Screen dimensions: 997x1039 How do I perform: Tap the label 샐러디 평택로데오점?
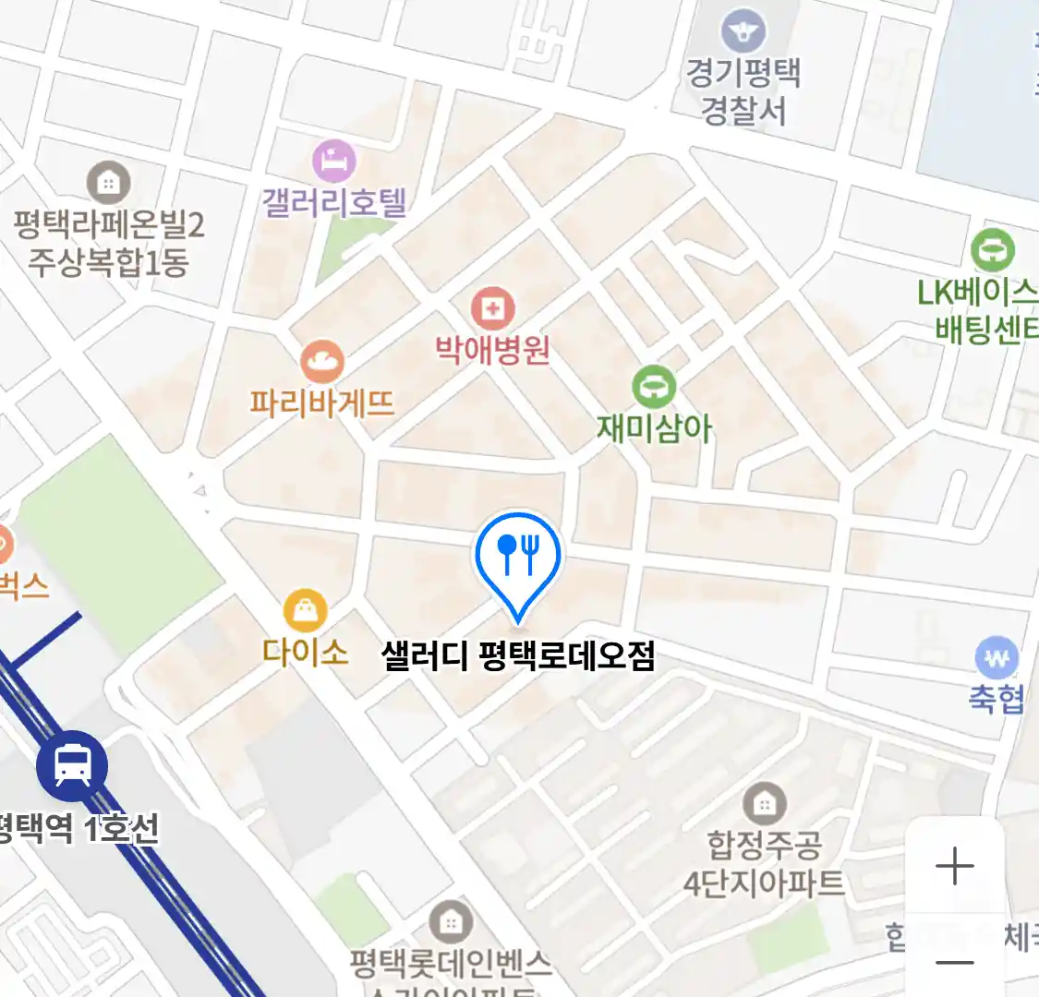click(518, 656)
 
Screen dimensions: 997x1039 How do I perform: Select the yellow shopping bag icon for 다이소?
click(305, 610)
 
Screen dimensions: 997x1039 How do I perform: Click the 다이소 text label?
click(305, 653)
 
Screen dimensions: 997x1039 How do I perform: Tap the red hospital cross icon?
click(492, 309)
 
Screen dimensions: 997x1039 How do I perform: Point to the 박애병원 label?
click(492, 350)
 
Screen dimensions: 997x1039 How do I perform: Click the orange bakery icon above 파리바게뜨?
click(321, 362)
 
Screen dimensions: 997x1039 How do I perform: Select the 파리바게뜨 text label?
click(321, 403)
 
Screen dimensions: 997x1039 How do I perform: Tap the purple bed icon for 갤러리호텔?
click(334, 162)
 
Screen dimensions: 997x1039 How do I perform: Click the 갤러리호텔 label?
click(334, 202)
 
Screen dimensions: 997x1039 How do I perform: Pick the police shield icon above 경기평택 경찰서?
click(743, 31)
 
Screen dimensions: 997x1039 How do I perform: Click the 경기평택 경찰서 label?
click(743, 92)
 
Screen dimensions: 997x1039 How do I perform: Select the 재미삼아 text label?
click(654, 428)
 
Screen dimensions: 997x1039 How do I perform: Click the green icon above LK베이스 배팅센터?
click(993, 250)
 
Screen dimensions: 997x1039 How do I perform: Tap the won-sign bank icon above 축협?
click(997, 658)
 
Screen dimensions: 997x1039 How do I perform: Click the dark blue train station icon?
click(72, 765)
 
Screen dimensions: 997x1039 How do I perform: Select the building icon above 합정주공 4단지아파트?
click(764, 804)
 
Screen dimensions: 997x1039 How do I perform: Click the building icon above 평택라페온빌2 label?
click(109, 183)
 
